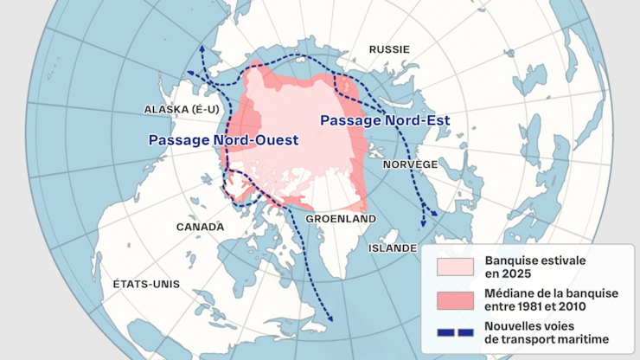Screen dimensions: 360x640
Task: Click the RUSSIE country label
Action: pos(389,49)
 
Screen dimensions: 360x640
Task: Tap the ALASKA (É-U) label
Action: pos(180,109)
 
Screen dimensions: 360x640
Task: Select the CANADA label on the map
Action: pos(200,227)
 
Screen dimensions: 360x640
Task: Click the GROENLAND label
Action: pos(342,218)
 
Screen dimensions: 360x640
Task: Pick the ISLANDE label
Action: pos(392,247)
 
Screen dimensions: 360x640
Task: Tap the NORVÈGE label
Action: pos(410,164)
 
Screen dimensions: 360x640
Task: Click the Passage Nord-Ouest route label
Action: pos(223,139)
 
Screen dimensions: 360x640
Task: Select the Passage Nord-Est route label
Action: pos(385,120)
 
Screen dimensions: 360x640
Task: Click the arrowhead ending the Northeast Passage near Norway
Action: pos(424,223)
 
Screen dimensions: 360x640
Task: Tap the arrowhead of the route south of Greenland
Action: pos(330,322)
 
